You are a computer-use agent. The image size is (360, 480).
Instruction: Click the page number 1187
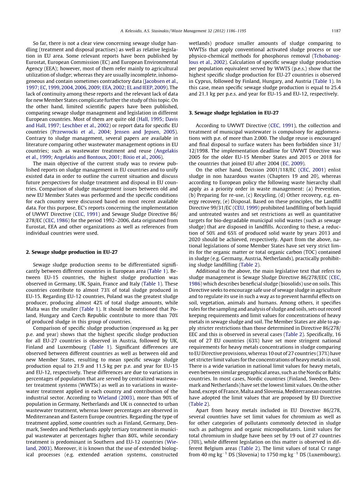pyautogui.click(x=336, y=31)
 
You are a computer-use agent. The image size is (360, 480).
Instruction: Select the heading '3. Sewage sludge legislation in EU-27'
pyautogui.click(x=234, y=113)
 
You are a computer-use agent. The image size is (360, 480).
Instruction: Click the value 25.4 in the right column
pyautogui.click(x=335, y=88)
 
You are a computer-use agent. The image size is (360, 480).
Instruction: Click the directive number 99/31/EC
pyautogui.click(x=220, y=208)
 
